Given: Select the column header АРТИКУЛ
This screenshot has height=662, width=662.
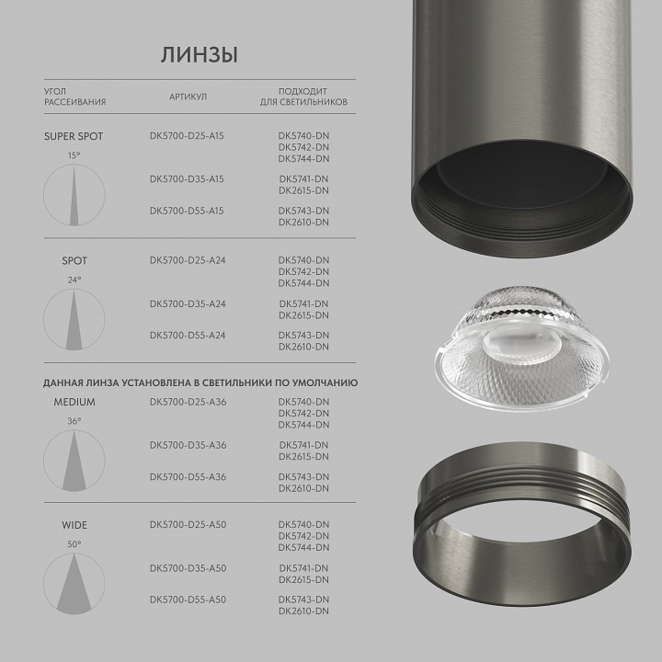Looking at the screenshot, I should tap(188, 97).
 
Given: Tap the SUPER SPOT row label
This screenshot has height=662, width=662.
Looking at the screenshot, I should tap(74, 136).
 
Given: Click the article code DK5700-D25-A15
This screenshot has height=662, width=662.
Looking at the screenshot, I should tap(187, 136).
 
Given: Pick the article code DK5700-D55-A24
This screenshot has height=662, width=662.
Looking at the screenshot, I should tap(187, 336).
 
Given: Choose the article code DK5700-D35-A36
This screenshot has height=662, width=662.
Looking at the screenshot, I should tap(187, 445).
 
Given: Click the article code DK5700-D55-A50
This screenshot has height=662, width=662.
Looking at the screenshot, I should tap(187, 600).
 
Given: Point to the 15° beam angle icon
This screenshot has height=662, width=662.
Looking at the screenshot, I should tap(74, 194).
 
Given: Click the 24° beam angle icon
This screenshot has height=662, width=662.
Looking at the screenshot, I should tap(74, 318).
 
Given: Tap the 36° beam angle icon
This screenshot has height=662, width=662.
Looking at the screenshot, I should tap(74, 460).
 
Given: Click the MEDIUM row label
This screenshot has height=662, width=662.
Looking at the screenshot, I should tap(74, 403).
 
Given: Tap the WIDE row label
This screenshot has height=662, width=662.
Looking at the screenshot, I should tap(74, 526).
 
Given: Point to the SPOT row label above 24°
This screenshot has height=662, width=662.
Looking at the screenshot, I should tap(74, 261).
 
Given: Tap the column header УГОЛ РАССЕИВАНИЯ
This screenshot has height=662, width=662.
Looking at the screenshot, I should tap(75, 97).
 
